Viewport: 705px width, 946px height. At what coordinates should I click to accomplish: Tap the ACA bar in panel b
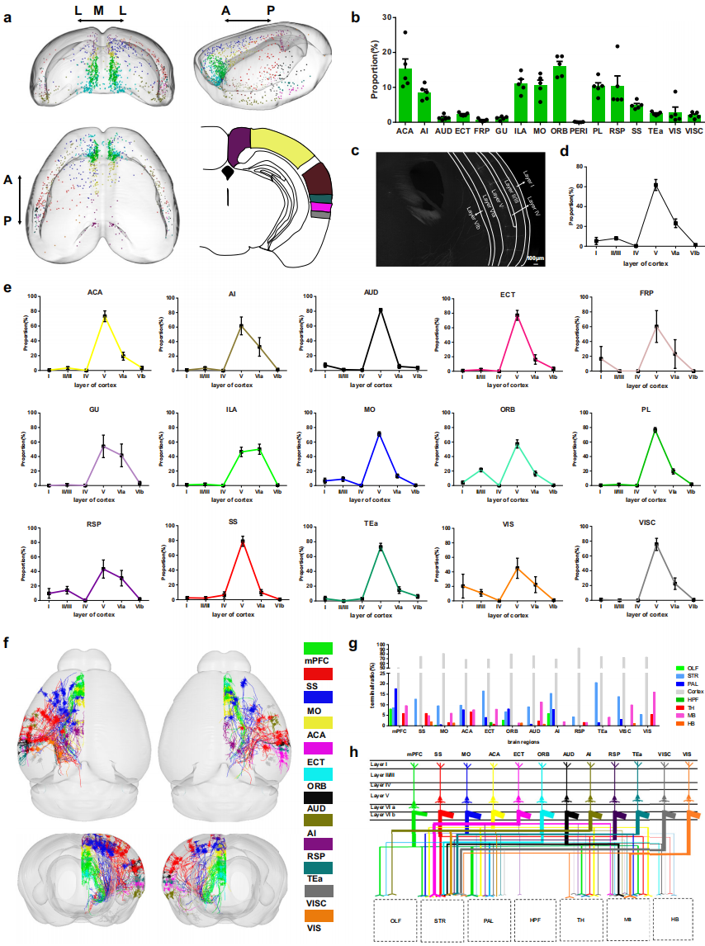point(405,96)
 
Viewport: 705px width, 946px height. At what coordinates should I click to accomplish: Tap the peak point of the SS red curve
point(243,542)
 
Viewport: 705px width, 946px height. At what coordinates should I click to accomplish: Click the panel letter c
point(355,151)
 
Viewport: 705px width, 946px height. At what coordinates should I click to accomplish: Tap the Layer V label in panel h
point(381,795)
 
